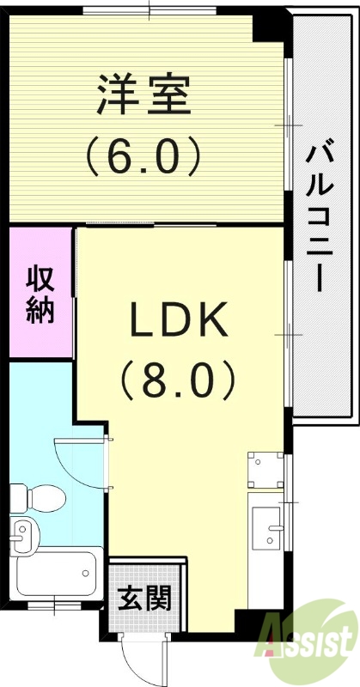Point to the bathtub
tap(55, 573)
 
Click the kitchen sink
tap(267, 525)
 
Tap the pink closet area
tap(40, 292)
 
